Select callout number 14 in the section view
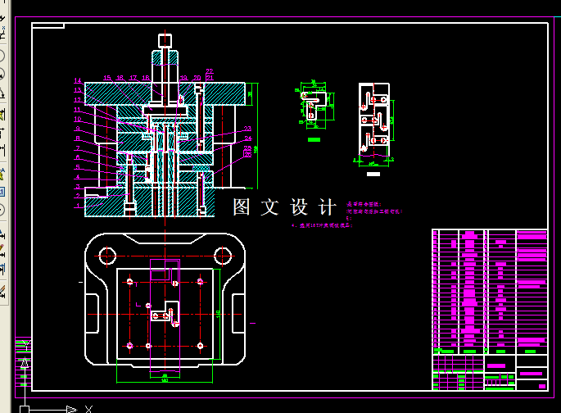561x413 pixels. pyautogui.click(x=78, y=81)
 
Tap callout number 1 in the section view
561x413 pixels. pyautogui.click(x=78, y=206)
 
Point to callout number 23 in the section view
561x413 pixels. pyautogui.click(x=247, y=129)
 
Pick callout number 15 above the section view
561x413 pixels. pyautogui.click(x=107, y=78)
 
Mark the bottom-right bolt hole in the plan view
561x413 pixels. pyautogui.click(x=200, y=346)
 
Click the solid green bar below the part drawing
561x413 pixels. pyautogui.click(x=313, y=140)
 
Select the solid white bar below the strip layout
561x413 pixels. pyautogui.click(x=374, y=175)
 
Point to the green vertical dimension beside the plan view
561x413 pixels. pyautogui.click(x=219, y=314)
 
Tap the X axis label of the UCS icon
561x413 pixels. pyautogui.click(x=88, y=408)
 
